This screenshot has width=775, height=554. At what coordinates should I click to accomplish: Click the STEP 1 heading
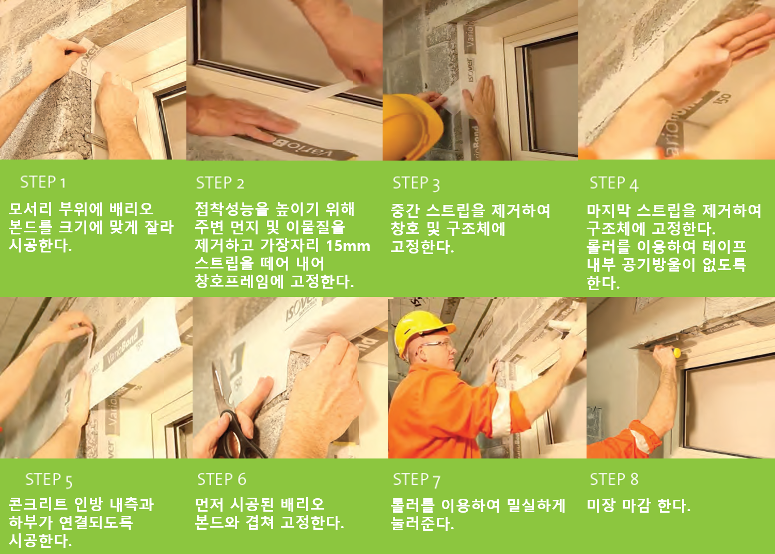pos(43,182)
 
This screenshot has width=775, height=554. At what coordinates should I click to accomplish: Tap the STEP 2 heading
pos(220,183)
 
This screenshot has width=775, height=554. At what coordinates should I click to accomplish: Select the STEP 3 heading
pos(416,184)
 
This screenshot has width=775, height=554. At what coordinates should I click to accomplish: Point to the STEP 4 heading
pos(614,184)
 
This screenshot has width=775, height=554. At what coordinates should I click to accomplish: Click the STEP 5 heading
pos(49,480)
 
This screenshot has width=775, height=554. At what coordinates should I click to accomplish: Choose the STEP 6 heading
pos(222,479)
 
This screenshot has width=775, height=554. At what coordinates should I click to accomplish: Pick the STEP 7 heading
pos(417,480)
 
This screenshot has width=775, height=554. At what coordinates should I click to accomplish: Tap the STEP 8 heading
pos(614,479)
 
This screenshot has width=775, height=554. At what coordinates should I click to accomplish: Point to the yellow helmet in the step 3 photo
pos(412,126)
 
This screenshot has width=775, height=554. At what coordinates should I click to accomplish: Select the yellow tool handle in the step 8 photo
pos(676,353)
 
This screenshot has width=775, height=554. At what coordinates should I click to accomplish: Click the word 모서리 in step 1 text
pos(30,209)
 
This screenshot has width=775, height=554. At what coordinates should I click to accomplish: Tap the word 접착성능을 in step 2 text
pos(231,209)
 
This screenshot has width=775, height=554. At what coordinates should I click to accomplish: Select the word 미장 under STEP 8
pos(601,505)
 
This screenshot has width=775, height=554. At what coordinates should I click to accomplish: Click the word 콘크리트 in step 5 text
pos(38,504)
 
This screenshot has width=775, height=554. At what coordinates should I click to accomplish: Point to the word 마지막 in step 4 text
pos(608,210)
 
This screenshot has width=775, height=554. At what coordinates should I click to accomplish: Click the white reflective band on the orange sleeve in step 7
pos(501,413)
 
